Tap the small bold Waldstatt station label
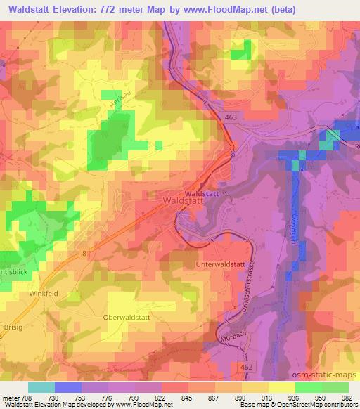202,193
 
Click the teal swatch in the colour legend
41,387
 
